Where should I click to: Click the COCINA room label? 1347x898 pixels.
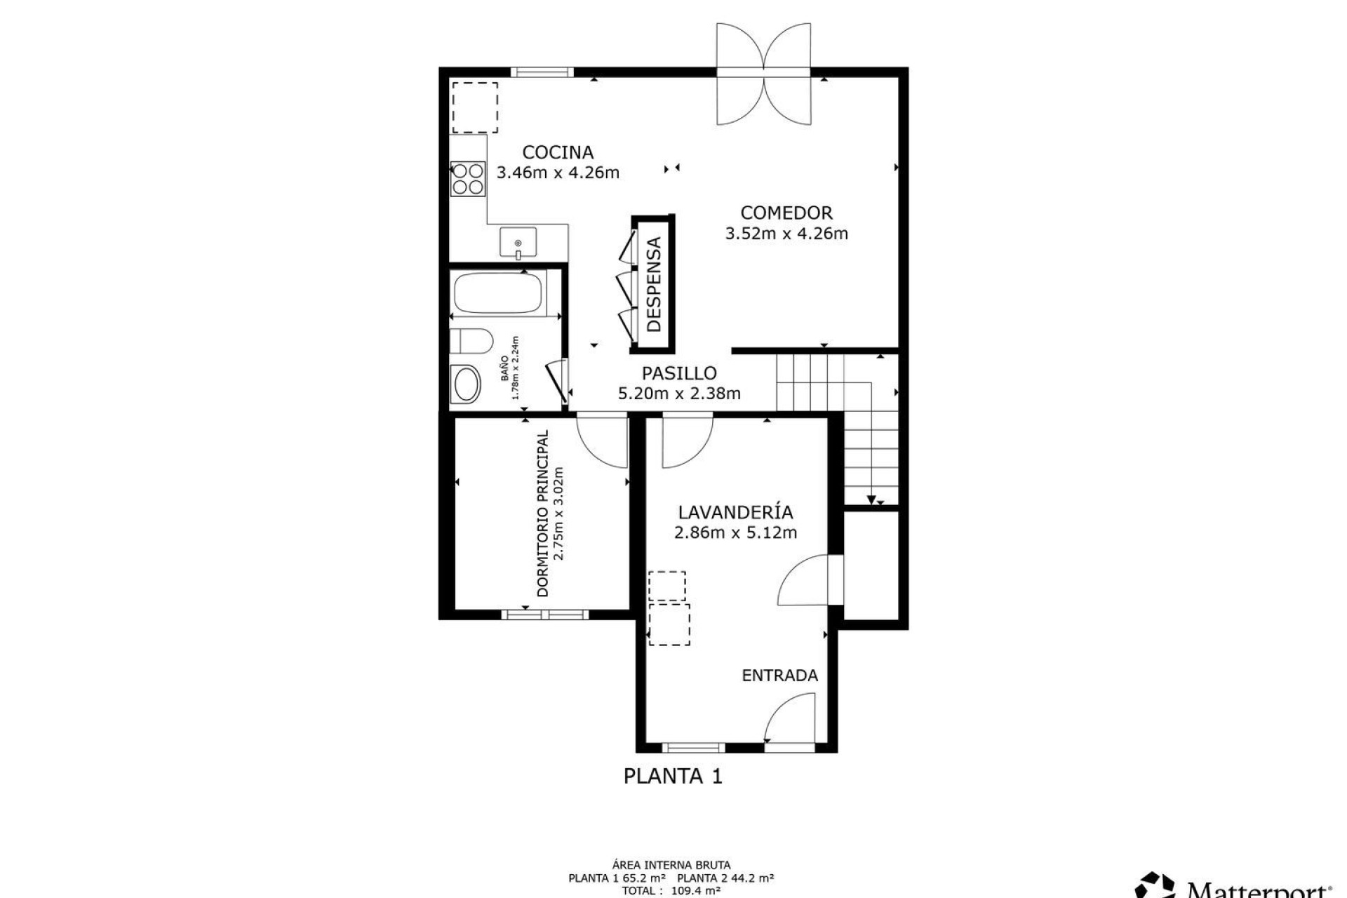coord(558,152)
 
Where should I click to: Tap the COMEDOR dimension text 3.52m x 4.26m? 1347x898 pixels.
coord(786,234)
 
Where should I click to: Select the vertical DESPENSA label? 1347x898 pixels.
coord(654,284)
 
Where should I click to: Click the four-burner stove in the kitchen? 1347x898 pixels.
coord(468,178)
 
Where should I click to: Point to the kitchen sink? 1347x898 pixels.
coord(518,243)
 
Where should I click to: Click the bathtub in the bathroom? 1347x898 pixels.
coord(499,294)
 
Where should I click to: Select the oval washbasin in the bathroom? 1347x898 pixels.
coord(465,384)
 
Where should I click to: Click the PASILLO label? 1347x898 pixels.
coord(678,373)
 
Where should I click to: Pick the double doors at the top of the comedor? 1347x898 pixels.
coord(763,74)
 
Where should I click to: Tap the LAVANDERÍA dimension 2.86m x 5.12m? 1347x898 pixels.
coord(735,532)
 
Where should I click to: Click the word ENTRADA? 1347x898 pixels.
coord(779,676)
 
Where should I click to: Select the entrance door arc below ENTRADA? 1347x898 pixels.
coord(789,719)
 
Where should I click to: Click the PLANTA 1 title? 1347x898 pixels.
coord(673,776)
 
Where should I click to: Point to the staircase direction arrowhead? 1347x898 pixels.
coord(871,500)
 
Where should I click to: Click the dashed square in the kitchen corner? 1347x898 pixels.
coord(475,107)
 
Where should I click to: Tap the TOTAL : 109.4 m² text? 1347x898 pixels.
coord(671,891)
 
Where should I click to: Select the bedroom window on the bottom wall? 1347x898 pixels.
coord(545,615)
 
